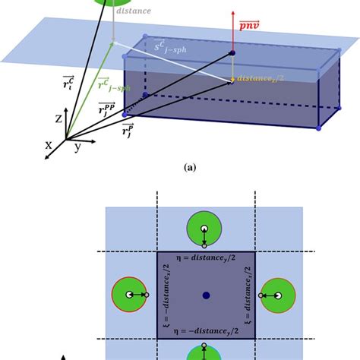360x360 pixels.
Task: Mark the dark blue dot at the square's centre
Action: click(206, 295)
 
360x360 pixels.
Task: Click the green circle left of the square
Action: click(128, 295)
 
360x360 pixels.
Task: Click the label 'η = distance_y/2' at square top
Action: click(205, 260)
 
